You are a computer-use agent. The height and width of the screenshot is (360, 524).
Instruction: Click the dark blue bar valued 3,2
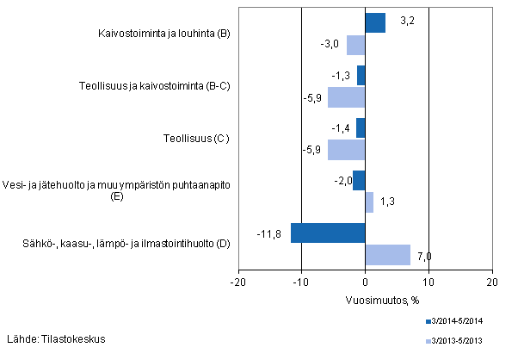(x=375, y=23)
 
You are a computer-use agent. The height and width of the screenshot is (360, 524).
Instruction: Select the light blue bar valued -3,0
(x=355, y=45)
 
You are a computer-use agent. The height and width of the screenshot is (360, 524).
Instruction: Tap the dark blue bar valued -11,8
(x=328, y=233)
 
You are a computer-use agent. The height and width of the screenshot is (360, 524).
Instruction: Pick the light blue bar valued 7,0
(x=387, y=254)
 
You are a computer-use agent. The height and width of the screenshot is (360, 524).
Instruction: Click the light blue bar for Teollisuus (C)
(x=347, y=149)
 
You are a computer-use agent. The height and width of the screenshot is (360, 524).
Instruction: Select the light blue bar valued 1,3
(x=369, y=202)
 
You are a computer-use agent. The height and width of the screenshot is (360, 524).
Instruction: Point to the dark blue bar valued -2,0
(x=359, y=181)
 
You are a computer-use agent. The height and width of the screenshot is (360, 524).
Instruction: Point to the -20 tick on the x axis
(x=238, y=281)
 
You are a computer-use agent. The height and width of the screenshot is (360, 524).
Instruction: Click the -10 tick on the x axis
(x=301, y=281)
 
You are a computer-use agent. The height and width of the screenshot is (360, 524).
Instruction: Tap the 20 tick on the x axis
(x=491, y=281)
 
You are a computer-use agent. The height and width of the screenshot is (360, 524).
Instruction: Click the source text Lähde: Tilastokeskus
(x=56, y=338)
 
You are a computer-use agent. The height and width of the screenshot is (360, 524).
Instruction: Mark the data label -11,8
(x=268, y=233)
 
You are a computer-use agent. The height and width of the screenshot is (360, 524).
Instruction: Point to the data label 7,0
(x=423, y=255)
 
